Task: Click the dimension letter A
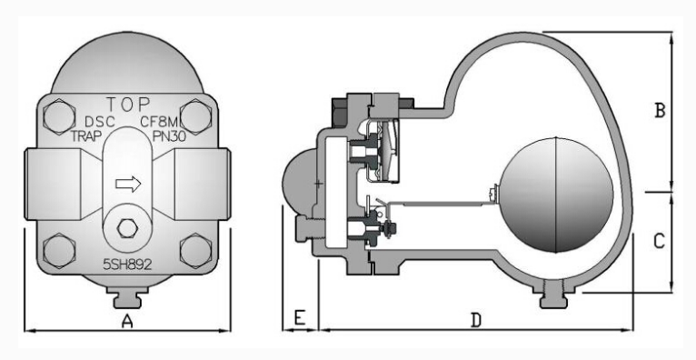tap(127, 321)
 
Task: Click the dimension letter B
tap(660, 111)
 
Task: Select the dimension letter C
tap(659, 241)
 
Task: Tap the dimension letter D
tap(476, 320)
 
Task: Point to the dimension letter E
tap(300, 318)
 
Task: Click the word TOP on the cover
tap(128, 105)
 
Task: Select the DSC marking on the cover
tap(100, 122)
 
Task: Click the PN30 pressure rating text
tap(169, 135)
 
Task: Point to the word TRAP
tap(86, 135)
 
